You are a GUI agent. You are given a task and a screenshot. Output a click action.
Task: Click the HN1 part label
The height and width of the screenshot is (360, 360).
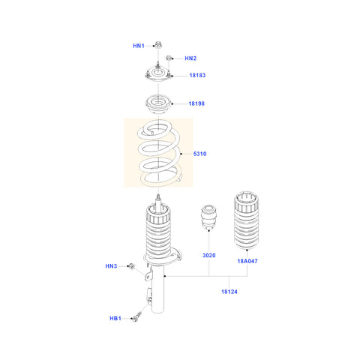[x=138, y=46]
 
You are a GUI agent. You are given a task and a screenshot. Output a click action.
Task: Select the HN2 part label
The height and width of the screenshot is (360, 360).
[x=190, y=58]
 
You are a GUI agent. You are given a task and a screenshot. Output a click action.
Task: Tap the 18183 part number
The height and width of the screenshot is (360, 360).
[x=197, y=76]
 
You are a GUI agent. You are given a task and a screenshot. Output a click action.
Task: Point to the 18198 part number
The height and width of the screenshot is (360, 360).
[x=197, y=103]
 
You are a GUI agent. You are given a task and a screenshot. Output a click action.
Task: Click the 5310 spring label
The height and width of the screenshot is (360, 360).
[x=199, y=154]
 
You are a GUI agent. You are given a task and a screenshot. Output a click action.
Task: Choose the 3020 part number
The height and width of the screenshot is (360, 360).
[x=208, y=256]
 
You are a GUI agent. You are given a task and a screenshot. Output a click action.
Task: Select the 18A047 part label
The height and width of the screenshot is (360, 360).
[x=247, y=262]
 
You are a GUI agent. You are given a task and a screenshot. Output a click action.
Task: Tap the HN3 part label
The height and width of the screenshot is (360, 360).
[x=111, y=266]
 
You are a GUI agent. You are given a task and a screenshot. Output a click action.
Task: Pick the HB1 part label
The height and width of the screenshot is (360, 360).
[x=115, y=319]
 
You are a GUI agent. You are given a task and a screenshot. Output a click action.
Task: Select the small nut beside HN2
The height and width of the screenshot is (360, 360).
[x=170, y=58]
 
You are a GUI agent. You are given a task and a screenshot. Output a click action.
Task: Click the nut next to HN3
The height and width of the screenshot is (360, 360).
[x=130, y=266]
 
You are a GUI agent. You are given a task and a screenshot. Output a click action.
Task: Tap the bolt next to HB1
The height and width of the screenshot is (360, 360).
[x=137, y=318]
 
